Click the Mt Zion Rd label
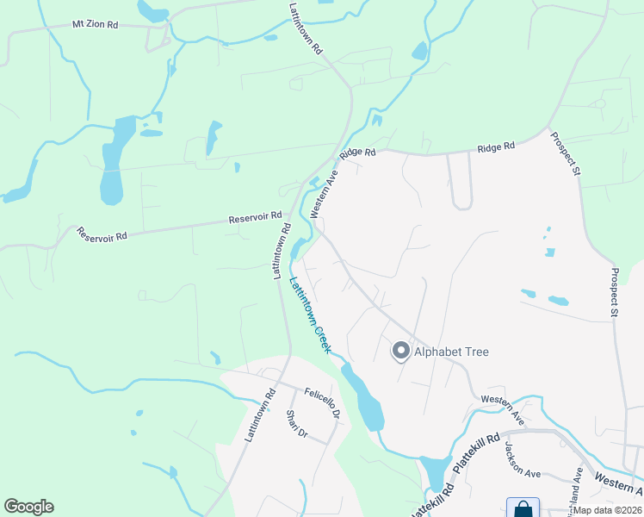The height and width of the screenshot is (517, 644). [95, 24]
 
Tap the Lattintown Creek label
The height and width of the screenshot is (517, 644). [310, 313]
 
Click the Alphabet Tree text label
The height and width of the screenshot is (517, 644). [452, 352]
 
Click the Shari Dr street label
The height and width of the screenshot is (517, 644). [297, 423]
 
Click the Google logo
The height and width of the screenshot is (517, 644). [28, 507]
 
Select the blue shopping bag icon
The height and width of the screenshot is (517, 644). [523, 509]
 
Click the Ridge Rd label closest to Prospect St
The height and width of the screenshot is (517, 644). [496, 148]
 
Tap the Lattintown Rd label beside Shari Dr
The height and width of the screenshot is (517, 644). [259, 416]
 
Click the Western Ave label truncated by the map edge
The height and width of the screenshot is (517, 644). [618, 486]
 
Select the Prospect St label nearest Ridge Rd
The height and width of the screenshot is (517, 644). [565, 153]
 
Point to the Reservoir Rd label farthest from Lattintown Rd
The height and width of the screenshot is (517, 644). [102, 234]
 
